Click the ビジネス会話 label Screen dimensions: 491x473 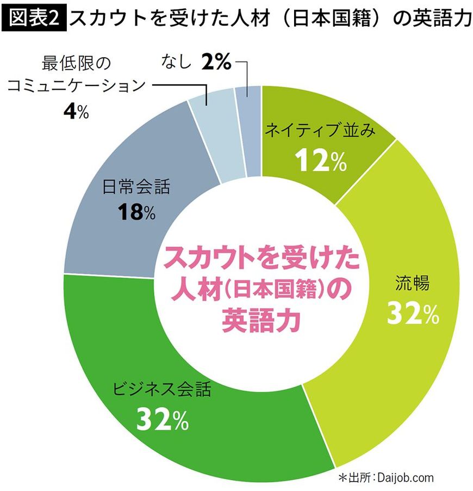pos(161,390)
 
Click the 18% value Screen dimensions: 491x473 pos(136,213)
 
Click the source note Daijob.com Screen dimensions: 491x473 pos(406,477)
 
